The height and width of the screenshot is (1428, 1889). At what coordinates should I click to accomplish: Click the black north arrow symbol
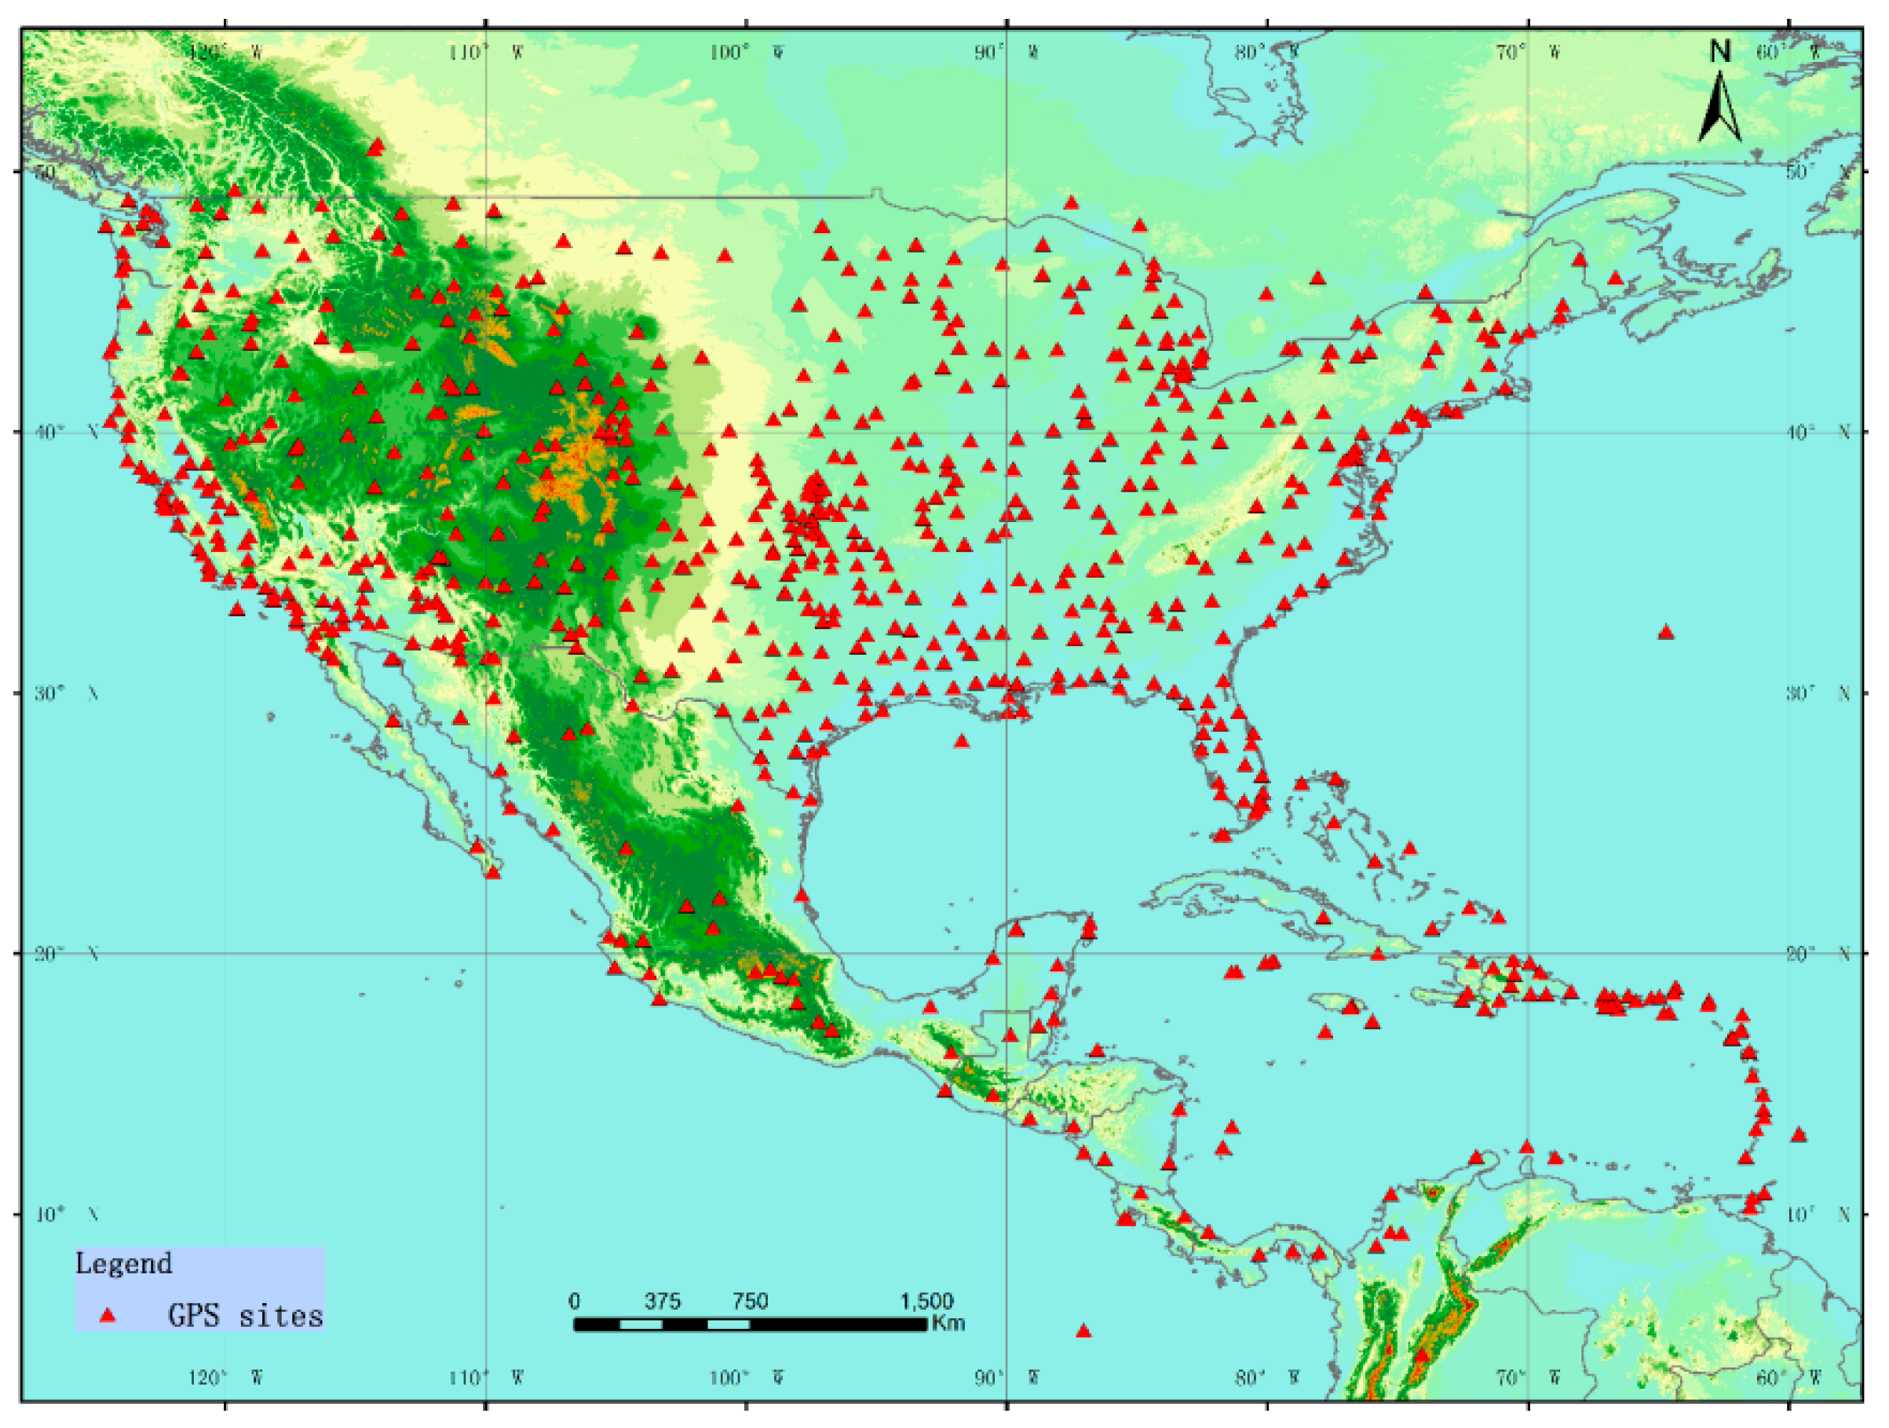(1719, 108)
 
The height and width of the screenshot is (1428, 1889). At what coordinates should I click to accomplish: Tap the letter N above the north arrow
(1720, 52)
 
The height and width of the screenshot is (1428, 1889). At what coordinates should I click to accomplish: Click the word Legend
(124, 1263)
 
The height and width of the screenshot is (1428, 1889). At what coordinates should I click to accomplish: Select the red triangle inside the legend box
(108, 1315)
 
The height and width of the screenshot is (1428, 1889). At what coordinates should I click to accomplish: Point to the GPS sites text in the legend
(245, 1315)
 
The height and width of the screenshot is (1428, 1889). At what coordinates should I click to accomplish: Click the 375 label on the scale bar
(662, 1301)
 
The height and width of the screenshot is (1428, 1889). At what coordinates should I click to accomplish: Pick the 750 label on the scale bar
(750, 1301)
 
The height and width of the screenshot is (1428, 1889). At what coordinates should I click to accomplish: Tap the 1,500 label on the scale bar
(926, 1301)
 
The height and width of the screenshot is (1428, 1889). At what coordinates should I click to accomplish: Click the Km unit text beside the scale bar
(948, 1323)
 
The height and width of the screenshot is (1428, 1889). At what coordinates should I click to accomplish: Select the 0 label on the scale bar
(574, 1301)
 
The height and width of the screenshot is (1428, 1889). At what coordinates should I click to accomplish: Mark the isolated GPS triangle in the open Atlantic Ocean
(1666, 633)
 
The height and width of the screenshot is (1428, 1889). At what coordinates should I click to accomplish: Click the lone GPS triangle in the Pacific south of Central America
(1083, 1331)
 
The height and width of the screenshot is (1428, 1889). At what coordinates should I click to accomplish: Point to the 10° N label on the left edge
(67, 1214)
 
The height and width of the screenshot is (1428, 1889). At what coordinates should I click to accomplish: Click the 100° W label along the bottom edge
(747, 1378)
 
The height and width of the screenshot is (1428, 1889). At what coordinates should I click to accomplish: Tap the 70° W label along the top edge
(1529, 53)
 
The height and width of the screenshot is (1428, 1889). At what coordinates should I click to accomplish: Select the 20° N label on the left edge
(67, 953)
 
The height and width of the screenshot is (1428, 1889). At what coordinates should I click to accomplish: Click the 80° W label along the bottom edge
(1267, 1378)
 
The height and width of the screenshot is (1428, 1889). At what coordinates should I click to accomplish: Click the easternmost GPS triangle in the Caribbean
(1799, 1135)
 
